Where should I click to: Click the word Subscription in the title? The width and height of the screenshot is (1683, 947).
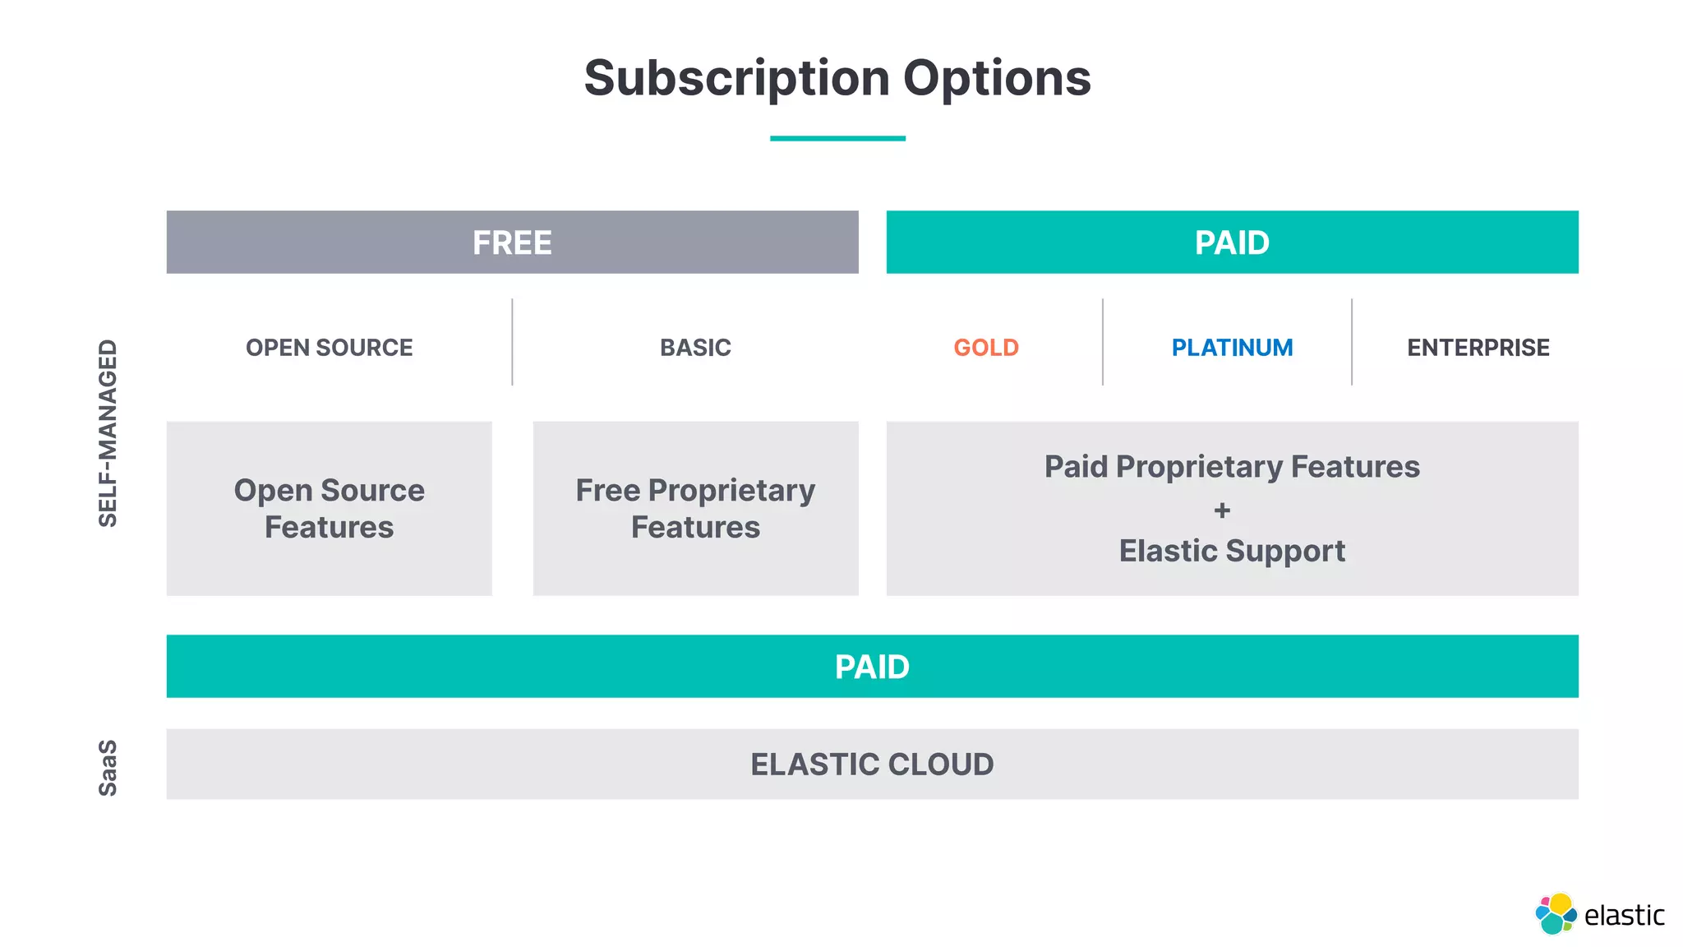(736, 79)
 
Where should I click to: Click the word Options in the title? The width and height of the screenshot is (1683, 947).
(997, 79)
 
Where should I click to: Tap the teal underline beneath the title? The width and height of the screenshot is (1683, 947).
(837, 138)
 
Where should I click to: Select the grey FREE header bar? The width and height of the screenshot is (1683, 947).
(512, 243)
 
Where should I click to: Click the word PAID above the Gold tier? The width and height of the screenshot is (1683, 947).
(1232, 243)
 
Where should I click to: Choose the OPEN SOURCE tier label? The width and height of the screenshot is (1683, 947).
(330, 348)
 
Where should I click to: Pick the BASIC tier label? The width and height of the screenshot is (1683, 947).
(695, 348)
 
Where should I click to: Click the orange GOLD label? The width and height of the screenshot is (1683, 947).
(986, 348)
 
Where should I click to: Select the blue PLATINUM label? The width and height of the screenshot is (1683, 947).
(1232, 348)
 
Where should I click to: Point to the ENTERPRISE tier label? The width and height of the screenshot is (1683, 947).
(1478, 348)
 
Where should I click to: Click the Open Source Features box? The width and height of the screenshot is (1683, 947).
(330, 509)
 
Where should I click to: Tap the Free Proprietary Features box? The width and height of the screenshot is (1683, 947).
(695, 509)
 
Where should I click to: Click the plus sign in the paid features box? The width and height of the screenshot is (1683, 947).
(1222, 510)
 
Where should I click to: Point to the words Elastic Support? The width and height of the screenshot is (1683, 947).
(1232, 551)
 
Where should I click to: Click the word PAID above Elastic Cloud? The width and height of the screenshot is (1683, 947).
(872, 667)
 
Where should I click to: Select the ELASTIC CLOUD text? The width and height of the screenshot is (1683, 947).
(872, 765)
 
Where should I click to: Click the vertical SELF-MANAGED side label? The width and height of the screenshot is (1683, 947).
(108, 433)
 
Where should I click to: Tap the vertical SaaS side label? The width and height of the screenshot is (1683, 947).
(108, 768)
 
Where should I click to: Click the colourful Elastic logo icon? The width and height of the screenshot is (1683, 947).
(1555, 913)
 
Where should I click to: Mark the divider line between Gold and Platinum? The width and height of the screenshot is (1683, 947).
(1103, 342)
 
